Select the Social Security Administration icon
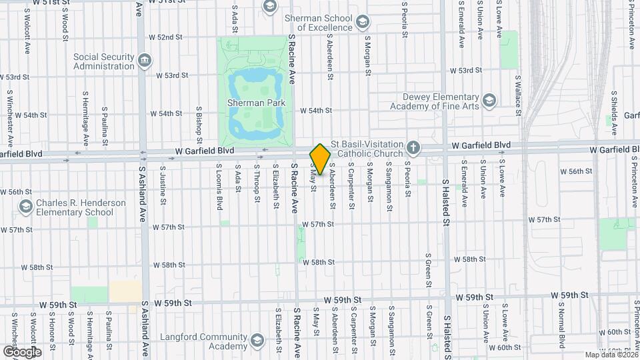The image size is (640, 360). (x=144, y=62)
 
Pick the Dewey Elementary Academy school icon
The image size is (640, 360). (x=489, y=101)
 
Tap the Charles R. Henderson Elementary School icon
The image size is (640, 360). (x=25, y=207)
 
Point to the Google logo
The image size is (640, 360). (x=21, y=351)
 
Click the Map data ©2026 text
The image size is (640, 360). (x=609, y=354)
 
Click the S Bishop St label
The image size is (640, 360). (x=199, y=120)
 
